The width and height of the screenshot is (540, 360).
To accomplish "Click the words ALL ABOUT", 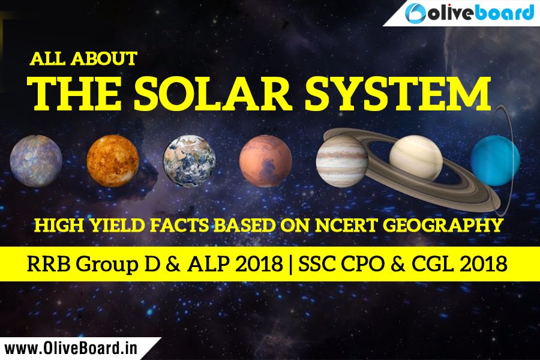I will pos(83,59).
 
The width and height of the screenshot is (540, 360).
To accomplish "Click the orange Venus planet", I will pos(113,160).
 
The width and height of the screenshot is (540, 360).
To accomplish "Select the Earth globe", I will pos(190,160).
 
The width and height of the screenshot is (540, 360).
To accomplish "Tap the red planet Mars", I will pos(266,161).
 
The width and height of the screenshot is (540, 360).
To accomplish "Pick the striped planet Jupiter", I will pos(342,160).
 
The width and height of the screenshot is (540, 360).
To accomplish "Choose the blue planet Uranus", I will pos(494,160).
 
